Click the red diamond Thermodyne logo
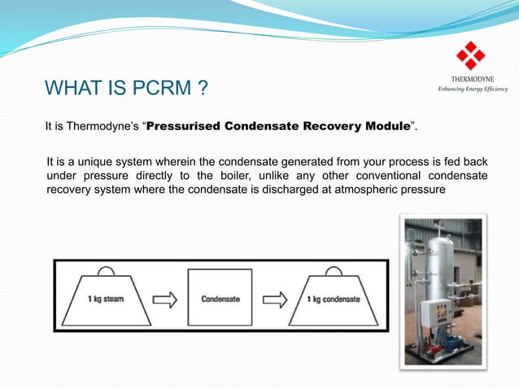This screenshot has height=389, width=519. coord(469,55)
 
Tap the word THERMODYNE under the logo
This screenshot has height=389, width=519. coord(470,79)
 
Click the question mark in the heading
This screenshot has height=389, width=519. coord(199,87)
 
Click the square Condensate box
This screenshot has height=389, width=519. coord(220,298)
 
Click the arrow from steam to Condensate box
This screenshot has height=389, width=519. coord(164,299)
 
